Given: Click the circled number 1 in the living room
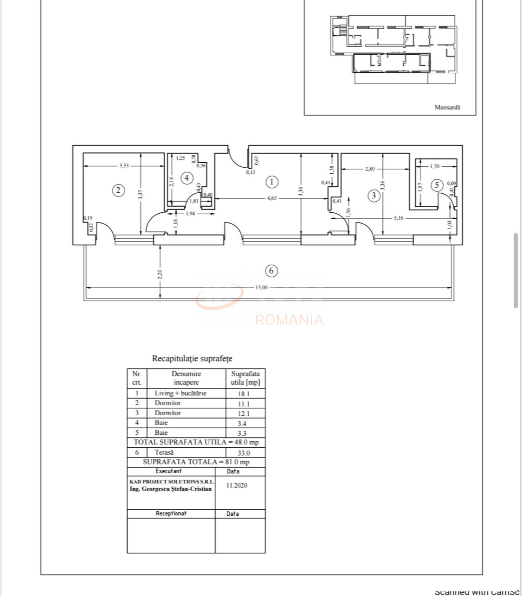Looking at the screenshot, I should (x=271, y=182).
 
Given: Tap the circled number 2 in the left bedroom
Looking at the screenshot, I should (x=119, y=190).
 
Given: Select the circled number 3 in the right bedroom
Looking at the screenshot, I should (x=374, y=196).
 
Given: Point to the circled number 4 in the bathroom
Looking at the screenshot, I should (x=187, y=178).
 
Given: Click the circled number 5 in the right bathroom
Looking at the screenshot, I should (x=436, y=185).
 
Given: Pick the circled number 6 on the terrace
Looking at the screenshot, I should (x=271, y=271).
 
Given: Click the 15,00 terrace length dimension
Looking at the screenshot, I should (x=261, y=287).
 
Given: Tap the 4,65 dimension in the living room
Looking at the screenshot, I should (x=272, y=198).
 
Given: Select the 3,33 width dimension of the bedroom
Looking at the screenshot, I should (x=124, y=165).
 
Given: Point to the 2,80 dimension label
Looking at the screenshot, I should (x=370, y=169).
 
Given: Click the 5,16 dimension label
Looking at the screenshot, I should (x=398, y=218).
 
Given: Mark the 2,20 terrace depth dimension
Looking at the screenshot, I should (x=160, y=274).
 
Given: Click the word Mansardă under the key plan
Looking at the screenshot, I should (x=447, y=107).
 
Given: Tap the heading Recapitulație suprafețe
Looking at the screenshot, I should (x=192, y=359).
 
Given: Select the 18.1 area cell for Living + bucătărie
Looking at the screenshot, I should (x=244, y=393).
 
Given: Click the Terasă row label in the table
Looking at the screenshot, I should (x=164, y=452).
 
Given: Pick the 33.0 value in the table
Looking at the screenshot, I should (x=244, y=453).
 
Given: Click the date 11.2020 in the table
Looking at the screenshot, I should (x=237, y=485).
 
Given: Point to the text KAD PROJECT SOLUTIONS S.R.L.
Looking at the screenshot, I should (x=172, y=482).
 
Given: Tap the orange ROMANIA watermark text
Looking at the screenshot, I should (x=289, y=320).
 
